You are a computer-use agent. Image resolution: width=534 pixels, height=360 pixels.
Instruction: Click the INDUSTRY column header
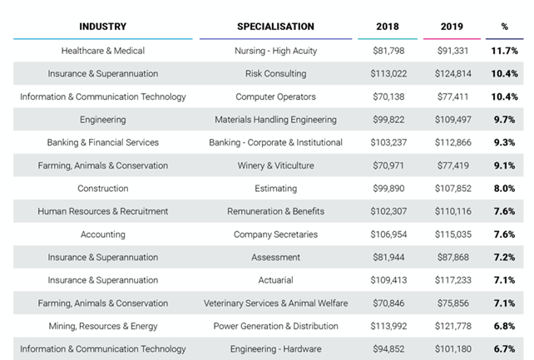coord(103,27)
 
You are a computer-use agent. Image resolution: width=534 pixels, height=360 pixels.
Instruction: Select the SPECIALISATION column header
coord(275,27)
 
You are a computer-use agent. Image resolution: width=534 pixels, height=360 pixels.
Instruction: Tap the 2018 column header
coord(387,27)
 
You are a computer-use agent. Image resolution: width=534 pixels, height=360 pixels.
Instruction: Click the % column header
coord(504,27)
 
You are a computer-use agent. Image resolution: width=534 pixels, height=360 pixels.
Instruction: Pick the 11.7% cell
coord(504,52)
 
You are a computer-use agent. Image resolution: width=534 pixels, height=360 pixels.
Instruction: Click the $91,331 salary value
coord(451,52)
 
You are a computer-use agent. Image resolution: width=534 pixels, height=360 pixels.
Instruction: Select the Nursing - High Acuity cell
coord(275,52)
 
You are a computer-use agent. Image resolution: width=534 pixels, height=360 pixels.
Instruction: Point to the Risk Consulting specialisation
coord(275,74)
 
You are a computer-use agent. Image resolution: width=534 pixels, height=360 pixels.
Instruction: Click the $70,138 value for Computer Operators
coord(387,96)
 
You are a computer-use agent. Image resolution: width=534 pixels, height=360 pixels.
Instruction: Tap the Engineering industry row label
coord(103,120)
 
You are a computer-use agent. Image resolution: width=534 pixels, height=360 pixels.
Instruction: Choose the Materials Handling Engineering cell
coord(275,120)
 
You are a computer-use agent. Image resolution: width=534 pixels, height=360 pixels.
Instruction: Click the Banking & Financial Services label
coord(103,143)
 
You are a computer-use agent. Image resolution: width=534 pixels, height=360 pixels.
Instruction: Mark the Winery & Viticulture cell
coord(275,165)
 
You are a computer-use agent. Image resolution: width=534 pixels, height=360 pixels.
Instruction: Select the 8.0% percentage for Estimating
coord(504,189)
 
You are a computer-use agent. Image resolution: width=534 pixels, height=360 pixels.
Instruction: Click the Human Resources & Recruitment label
coord(103,211)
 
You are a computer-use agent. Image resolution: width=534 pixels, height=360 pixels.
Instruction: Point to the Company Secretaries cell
coord(275,234)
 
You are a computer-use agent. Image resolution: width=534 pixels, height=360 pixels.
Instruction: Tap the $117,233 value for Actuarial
coord(451,280)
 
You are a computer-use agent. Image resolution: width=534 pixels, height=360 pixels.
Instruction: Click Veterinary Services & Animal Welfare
coord(275,303)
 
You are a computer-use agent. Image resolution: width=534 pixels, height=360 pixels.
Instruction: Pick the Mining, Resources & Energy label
coord(103,326)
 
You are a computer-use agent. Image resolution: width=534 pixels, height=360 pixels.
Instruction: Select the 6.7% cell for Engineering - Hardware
coord(504,349)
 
